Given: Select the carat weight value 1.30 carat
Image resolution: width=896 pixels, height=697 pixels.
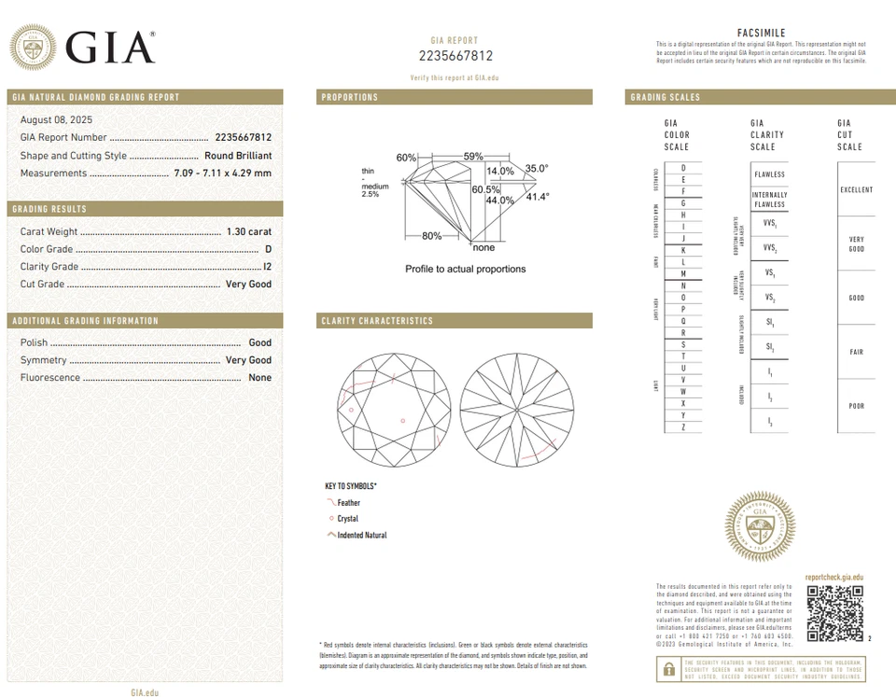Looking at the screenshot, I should coord(248,231).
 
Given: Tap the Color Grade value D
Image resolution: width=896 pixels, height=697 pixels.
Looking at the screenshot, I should coord(268,249).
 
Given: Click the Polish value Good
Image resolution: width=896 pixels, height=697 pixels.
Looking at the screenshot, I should coord(259,342).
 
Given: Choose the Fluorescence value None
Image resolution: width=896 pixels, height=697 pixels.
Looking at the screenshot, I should coord(259,378).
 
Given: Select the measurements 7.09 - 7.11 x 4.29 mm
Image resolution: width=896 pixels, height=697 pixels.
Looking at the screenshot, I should coord(222,174).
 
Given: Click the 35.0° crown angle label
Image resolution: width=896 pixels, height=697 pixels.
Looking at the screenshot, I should coord(537,169).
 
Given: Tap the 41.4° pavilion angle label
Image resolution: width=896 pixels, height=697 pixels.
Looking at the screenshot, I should coord(538,197).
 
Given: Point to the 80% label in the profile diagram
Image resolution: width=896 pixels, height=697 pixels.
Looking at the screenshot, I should coord(431,236).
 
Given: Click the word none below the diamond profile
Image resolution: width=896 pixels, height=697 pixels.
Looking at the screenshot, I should coord(483,248).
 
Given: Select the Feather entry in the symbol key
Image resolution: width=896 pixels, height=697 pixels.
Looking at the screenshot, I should coord(347,503).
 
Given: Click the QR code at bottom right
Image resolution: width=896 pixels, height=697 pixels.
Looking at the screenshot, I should coord(835,613).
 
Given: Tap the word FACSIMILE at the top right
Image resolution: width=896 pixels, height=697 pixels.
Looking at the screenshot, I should coord(761,33).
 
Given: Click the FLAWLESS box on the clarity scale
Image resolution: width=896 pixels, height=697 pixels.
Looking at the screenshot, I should coord(769,174).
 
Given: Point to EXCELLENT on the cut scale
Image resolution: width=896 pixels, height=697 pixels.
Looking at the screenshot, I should coord(856,190).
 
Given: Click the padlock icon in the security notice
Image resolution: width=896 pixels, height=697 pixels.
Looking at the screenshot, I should coord(668,668).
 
